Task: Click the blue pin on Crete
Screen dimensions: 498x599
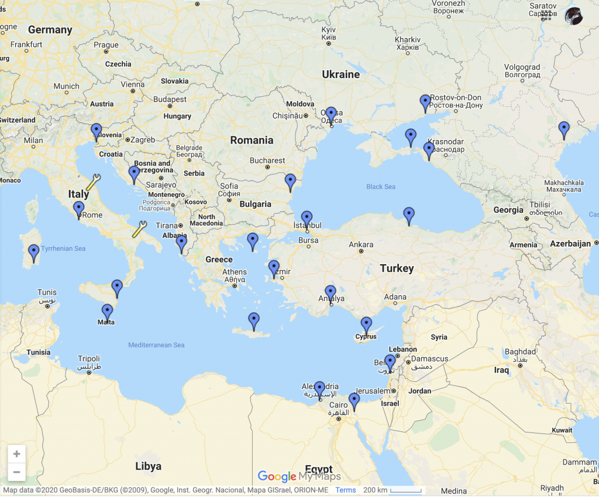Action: pos(253,320)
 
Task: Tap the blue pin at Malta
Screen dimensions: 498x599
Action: pos(107,311)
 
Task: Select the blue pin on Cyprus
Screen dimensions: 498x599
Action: pos(366,324)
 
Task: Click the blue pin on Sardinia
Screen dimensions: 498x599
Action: pos(34,252)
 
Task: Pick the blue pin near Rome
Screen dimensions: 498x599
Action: pos(78,209)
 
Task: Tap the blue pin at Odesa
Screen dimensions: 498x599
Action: pos(331,114)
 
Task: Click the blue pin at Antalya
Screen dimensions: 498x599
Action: pos(331,292)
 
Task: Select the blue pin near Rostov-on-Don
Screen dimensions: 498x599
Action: pos(425,103)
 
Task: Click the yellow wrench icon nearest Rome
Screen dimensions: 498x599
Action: pos(93,182)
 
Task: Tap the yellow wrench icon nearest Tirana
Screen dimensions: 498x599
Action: pos(139,228)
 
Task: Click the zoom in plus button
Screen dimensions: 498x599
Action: pos(16,454)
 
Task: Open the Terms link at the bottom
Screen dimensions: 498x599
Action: pos(345,490)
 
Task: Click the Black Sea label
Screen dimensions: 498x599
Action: pos(381,187)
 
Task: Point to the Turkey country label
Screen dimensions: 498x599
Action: pos(397,268)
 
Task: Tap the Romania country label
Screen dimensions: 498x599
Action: pos(252,140)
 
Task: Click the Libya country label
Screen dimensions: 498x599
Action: pos(148,466)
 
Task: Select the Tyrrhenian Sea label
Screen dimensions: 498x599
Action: pos(63,248)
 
